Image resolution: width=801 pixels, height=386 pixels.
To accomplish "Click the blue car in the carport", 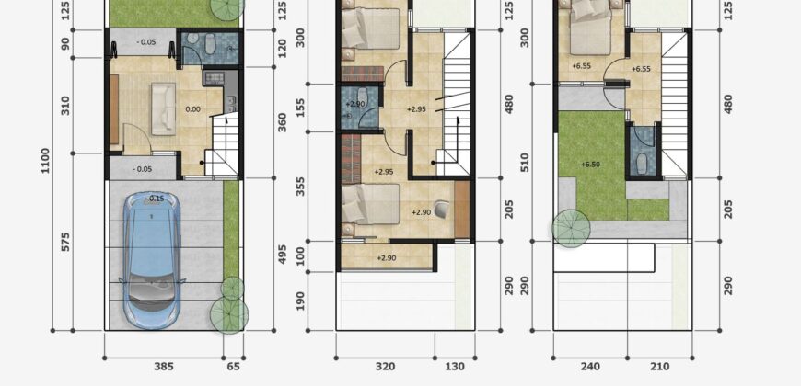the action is tap(152, 260).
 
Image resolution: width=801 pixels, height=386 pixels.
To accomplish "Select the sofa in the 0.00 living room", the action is tap(164, 109).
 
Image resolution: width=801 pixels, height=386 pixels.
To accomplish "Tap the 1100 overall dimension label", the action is tap(45, 161).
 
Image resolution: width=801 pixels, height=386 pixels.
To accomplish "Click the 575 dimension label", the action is tap(64, 243).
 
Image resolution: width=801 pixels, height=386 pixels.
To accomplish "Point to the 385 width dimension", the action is tap(164, 366).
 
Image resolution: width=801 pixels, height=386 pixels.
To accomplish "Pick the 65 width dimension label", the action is tap(232, 366).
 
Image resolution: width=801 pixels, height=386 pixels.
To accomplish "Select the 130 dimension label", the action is tap(455, 366).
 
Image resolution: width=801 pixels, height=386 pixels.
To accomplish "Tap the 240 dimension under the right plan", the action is tap(590, 366).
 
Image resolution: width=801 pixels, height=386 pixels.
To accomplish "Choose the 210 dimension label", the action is tap(659, 366).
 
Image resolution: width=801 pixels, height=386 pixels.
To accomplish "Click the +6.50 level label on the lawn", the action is tap(590, 165).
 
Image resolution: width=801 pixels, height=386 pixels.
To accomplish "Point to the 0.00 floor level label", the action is tap(193, 109).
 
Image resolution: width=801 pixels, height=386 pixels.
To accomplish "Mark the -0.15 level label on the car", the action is tap(155, 199).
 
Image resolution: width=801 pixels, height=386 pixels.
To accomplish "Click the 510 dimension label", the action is tap(525, 162).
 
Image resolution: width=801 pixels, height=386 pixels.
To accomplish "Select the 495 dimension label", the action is tap(283, 254).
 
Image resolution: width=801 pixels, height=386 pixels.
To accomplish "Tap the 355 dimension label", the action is tap(300, 187).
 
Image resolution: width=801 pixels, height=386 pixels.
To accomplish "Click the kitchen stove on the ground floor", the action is tap(214, 78).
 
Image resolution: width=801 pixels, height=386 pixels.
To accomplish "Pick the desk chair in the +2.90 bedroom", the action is tap(442, 210).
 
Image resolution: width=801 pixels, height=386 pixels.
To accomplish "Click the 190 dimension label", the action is tap(300, 301).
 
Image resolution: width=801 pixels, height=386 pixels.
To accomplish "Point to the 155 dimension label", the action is tap(300, 108).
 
